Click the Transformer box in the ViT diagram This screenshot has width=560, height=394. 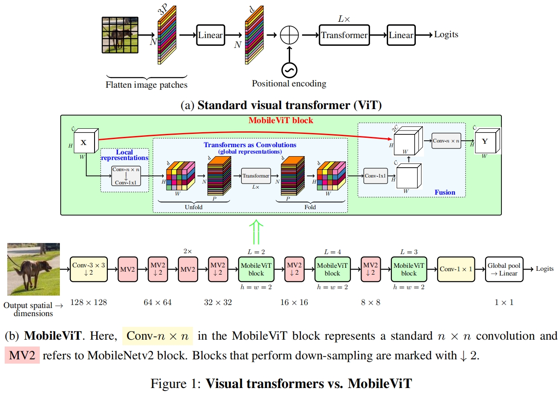[344, 36]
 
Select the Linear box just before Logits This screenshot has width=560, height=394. [401, 36]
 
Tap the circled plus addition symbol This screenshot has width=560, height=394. [289, 36]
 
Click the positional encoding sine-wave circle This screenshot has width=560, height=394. [289, 69]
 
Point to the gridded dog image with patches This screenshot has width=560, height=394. [120, 36]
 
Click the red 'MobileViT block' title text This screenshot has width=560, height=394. [281, 121]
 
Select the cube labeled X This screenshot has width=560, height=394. [84, 142]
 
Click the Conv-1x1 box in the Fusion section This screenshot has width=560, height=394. [376, 175]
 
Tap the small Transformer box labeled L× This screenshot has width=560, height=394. [256, 176]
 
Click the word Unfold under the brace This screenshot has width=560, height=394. [193, 207]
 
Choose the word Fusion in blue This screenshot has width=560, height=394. [445, 193]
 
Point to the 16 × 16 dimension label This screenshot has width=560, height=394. [294, 302]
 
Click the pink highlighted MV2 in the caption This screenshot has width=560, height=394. [22, 355]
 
